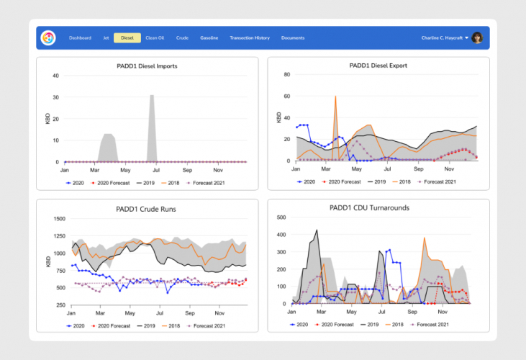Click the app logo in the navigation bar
click(x=48, y=37)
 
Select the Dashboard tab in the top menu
click(x=80, y=37)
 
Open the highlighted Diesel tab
click(x=127, y=37)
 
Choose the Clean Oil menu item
click(x=154, y=37)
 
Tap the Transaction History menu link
click(x=250, y=37)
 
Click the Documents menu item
click(x=293, y=37)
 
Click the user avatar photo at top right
click(x=477, y=37)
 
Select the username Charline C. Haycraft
click(x=443, y=37)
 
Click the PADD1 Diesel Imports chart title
click(x=147, y=66)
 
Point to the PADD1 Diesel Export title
click(x=378, y=66)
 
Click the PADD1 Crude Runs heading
click(x=147, y=209)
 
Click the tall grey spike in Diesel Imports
click(x=152, y=96)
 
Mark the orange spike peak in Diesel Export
click(x=335, y=96)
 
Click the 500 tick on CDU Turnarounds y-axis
click(x=282, y=217)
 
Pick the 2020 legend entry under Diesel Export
click(x=307, y=182)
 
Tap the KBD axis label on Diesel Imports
click(x=47, y=118)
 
